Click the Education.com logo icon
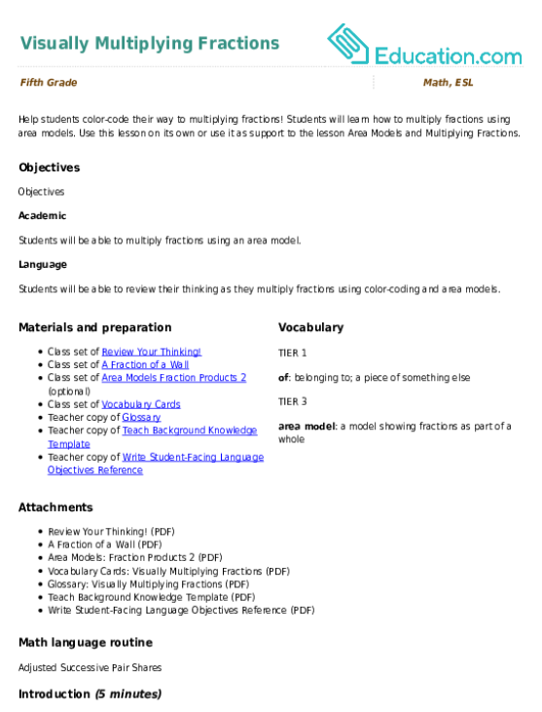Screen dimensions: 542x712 [x=347, y=44]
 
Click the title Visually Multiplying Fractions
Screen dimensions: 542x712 [x=150, y=43]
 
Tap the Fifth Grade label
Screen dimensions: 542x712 [x=49, y=82]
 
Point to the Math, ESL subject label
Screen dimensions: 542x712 [x=449, y=82]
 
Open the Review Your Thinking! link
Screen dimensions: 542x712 [x=152, y=352]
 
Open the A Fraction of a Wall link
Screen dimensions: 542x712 [x=145, y=364]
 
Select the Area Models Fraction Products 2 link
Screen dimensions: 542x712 [x=174, y=377]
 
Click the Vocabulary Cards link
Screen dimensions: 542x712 [x=140, y=404]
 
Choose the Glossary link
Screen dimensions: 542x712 [x=141, y=417]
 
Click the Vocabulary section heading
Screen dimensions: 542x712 [x=311, y=327]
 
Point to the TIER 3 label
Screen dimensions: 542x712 [x=293, y=401]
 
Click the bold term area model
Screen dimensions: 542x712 [x=307, y=426]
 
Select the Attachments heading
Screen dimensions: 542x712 [x=55, y=507]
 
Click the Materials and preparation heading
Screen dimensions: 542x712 [x=95, y=327]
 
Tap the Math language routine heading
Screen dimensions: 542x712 [x=86, y=643]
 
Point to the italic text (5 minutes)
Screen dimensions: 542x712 [x=128, y=693]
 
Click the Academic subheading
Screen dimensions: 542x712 [x=42, y=215]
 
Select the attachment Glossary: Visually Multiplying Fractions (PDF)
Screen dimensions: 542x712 [x=149, y=584]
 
